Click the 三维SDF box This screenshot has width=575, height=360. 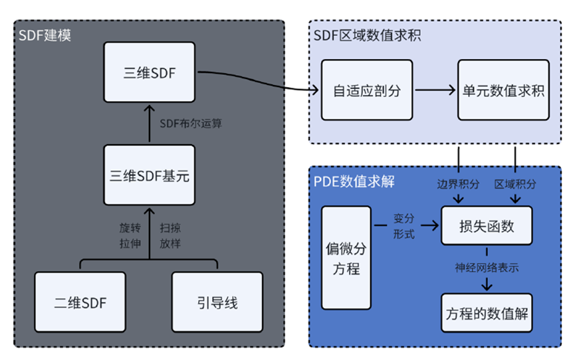click(150, 73)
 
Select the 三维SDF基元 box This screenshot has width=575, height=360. click(150, 176)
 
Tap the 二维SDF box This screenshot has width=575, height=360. click(80, 303)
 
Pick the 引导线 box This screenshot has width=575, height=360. click(218, 303)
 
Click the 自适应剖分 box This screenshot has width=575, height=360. click(367, 90)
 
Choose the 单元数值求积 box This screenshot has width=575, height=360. click(503, 90)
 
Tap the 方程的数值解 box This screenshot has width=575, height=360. click(487, 313)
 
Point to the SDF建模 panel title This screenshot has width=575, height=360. click(45, 35)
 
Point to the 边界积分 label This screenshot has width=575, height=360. click(457, 184)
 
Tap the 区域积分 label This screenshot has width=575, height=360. click(515, 184)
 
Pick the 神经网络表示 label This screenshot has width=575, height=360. click(487, 269)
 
